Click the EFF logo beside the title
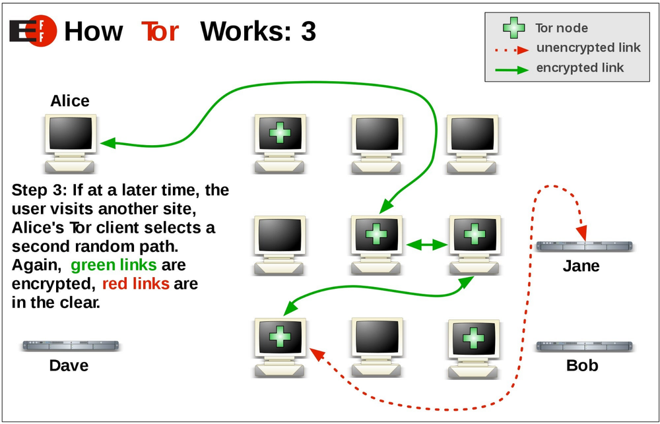33,31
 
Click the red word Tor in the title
160,31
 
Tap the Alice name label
69,101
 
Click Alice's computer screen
70,134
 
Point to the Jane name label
581,266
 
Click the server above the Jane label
583,246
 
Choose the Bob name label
582,365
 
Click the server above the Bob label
583,346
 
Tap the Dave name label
69,365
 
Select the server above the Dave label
70,346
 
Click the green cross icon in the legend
514,28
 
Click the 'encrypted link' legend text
580,67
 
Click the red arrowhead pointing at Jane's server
581,233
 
